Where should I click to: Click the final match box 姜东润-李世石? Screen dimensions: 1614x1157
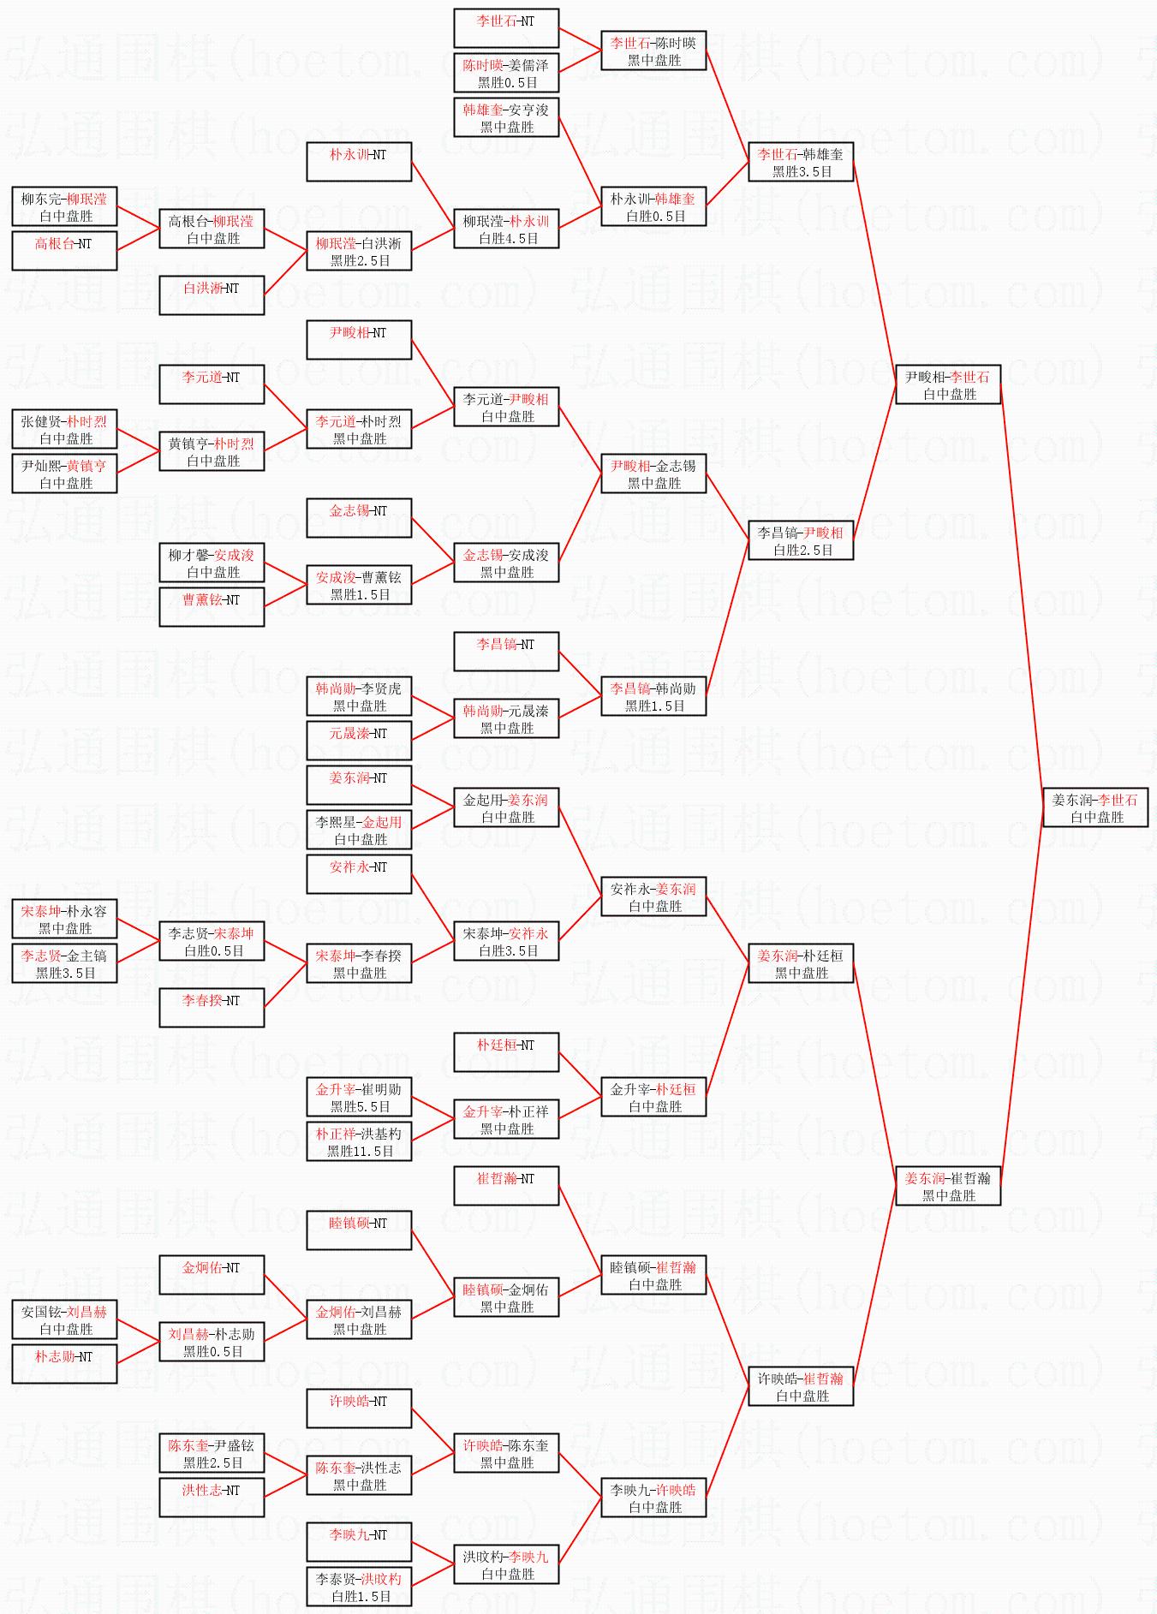click(x=1094, y=807)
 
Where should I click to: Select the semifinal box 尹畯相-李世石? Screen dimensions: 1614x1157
click(x=948, y=384)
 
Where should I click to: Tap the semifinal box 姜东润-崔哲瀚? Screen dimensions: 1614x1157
click(x=948, y=1186)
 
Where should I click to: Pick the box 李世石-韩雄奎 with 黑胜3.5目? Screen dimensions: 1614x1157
click(x=801, y=162)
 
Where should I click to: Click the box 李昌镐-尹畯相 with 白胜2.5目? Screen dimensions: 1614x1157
click(x=801, y=540)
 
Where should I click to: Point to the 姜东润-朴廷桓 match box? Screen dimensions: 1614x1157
click(x=801, y=963)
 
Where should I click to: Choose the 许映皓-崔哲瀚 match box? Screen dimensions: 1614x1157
click(x=801, y=1386)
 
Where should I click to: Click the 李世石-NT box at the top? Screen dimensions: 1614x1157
click(x=506, y=28)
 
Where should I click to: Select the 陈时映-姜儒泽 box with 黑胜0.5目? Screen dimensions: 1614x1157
click(x=506, y=73)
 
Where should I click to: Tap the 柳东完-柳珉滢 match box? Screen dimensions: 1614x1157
click(x=64, y=206)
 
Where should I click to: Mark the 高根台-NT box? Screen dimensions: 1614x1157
click(x=64, y=251)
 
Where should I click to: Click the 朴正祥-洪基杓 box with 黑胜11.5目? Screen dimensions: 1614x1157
click(x=359, y=1141)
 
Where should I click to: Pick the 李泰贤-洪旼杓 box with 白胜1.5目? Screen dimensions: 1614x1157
click(x=359, y=1587)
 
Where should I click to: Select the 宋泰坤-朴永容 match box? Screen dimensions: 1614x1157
click(x=64, y=919)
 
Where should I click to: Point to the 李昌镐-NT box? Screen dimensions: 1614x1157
click(x=506, y=652)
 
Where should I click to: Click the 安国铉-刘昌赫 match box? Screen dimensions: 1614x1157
click(x=64, y=1319)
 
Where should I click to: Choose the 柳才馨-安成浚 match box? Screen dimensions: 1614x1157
click(x=212, y=563)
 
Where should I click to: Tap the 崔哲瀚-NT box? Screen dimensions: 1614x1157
click(x=506, y=1186)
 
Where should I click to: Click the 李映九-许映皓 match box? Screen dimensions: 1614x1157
click(x=653, y=1498)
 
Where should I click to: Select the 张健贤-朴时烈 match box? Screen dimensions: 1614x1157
click(x=64, y=429)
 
